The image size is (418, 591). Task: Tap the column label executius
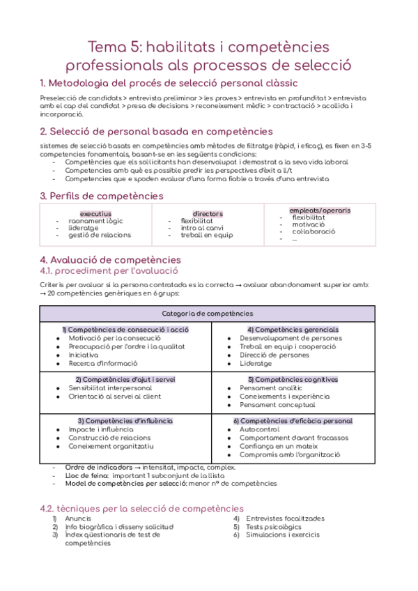[95, 213]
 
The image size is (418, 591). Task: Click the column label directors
[208, 213]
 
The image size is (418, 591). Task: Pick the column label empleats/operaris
[320, 210]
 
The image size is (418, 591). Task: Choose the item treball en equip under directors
[207, 235]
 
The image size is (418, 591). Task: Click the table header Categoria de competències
[208, 314]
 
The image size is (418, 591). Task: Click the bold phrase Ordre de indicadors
[95, 467]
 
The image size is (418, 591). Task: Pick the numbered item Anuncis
[77, 519]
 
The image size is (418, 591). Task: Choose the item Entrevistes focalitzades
[285, 519]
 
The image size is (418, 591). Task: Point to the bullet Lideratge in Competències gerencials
[256, 363]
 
